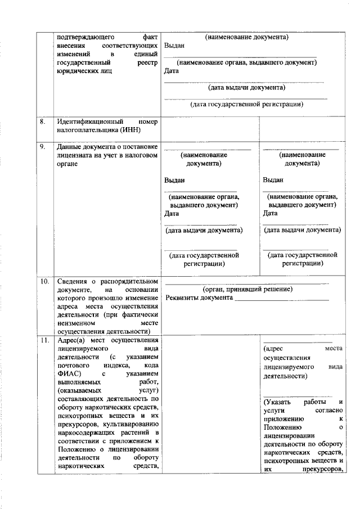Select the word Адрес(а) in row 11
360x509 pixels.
tap(70, 340)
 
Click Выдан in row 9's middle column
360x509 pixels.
tap(174, 181)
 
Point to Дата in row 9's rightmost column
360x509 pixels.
tap(271, 213)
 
